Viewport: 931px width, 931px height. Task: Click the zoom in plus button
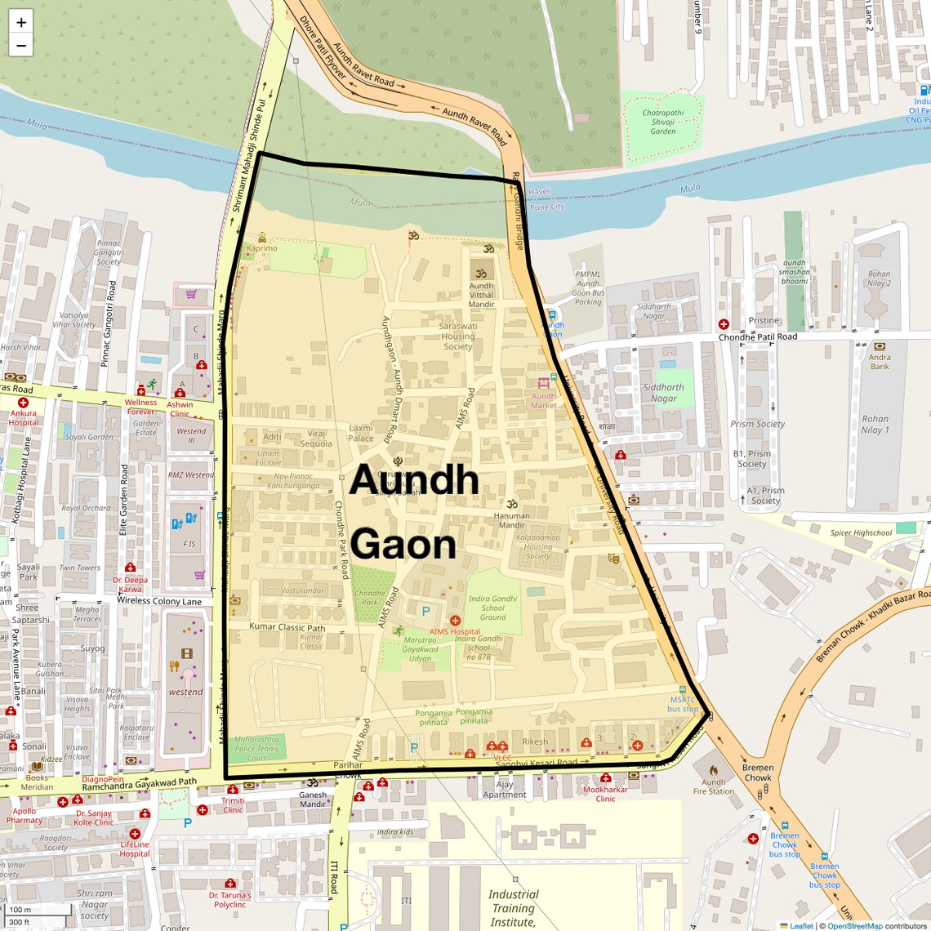[x=21, y=22]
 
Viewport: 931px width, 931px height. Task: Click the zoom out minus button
[x=21, y=46]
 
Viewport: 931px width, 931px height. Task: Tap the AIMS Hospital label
[x=455, y=631]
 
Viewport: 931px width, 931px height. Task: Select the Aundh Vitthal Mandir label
[x=481, y=295]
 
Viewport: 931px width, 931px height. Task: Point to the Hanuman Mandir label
[x=511, y=520]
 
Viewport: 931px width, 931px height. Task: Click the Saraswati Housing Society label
[x=457, y=336]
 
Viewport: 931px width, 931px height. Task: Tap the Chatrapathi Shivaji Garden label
[x=662, y=122]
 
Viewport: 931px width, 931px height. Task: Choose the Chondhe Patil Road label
[x=757, y=336]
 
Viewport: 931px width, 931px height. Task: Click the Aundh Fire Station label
[x=713, y=786]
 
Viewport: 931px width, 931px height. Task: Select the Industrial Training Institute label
[x=513, y=908]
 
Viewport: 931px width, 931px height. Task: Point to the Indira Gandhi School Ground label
[x=492, y=608]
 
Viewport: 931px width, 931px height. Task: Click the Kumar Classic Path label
[x=287, y=627]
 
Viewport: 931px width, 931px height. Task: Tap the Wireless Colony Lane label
[x=158, y=601]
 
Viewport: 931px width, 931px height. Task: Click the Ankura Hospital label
[x=24, y=417]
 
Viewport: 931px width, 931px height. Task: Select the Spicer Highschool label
[x=861, y=533]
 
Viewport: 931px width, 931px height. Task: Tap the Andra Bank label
[x=880, y=362]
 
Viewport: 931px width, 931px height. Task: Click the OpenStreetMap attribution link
[x=854, y=925]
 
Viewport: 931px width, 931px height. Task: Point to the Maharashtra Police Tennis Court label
[x=256, y=748]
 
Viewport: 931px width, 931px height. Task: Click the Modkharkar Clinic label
[x=605, y=794]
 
